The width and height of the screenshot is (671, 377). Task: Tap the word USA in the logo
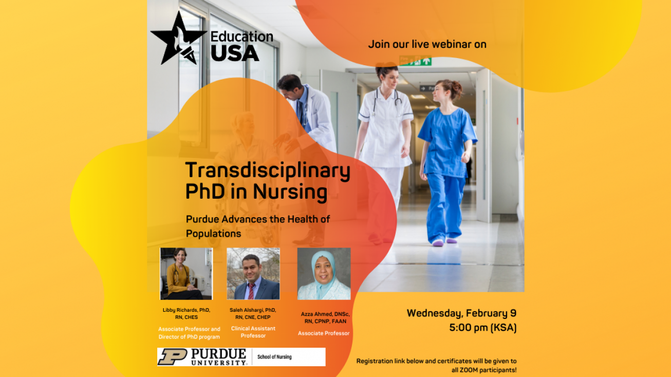coord(235,53)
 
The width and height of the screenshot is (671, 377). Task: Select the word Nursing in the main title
coord(290,192)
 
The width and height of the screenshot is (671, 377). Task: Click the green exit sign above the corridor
coord(416,61)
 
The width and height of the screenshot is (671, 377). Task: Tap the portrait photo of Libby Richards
coord(187,274)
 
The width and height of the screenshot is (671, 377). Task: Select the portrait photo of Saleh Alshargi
coord(253,274)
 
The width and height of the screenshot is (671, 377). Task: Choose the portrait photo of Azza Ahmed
coord(324,274)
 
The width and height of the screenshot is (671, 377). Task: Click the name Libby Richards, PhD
coord(187,310)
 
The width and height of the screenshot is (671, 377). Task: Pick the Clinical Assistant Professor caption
coord(253,332)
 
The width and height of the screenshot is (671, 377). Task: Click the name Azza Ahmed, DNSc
coord(325,314)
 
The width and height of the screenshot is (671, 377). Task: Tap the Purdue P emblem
coord(173,356)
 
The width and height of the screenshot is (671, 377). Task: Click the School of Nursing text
coord(274,356)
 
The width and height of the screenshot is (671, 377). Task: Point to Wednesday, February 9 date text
coord(461,313)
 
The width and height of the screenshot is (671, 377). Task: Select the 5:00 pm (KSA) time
coord(483,328)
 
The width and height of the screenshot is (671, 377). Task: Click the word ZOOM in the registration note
coord(470,370)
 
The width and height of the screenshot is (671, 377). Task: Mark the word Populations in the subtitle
coord(213,234)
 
